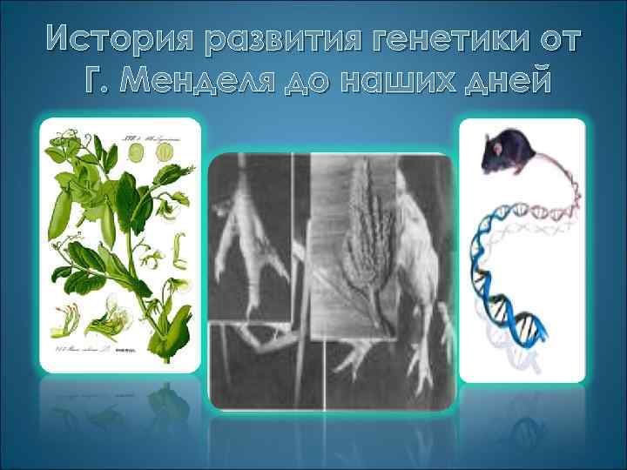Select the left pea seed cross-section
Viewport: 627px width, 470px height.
coord(138,152)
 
